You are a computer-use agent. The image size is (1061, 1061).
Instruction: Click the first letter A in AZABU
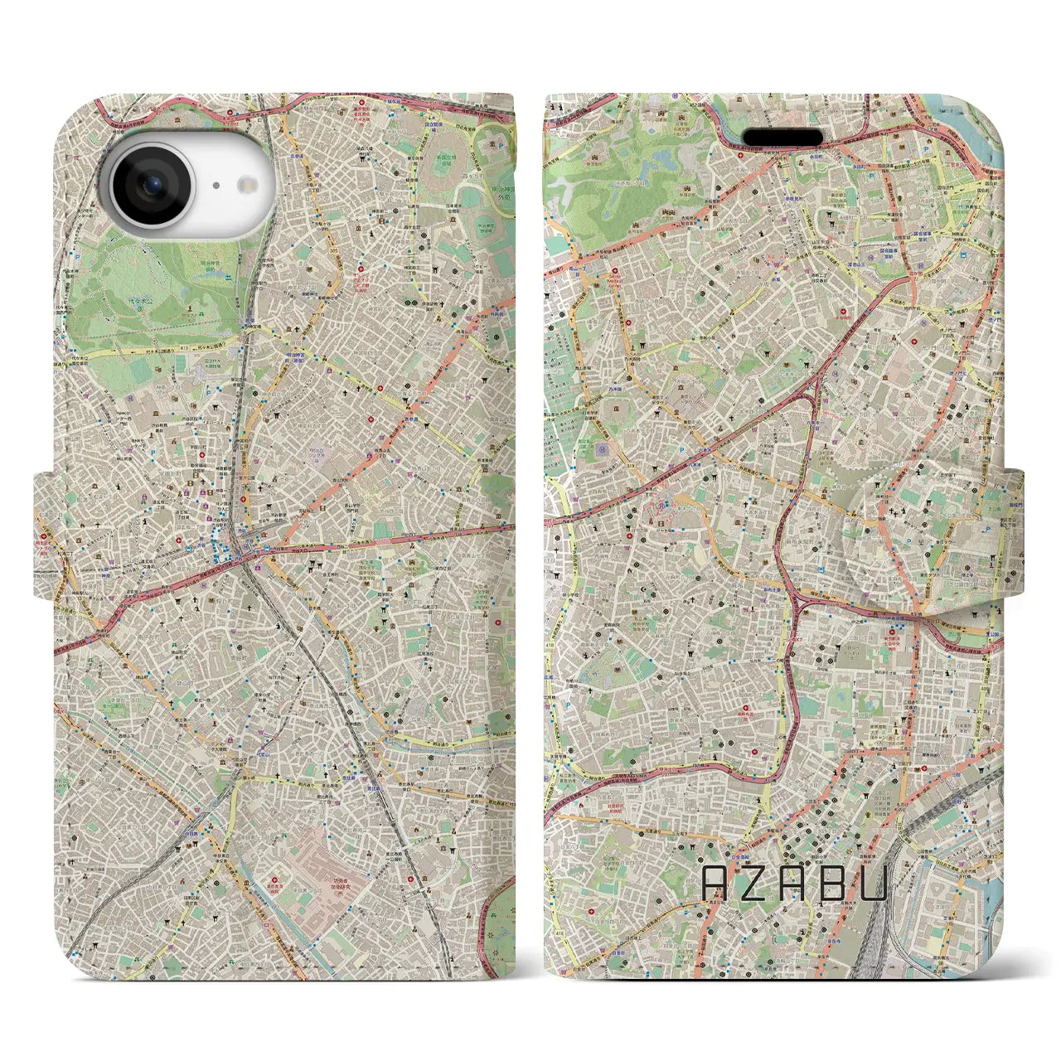[x=717, y=884]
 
